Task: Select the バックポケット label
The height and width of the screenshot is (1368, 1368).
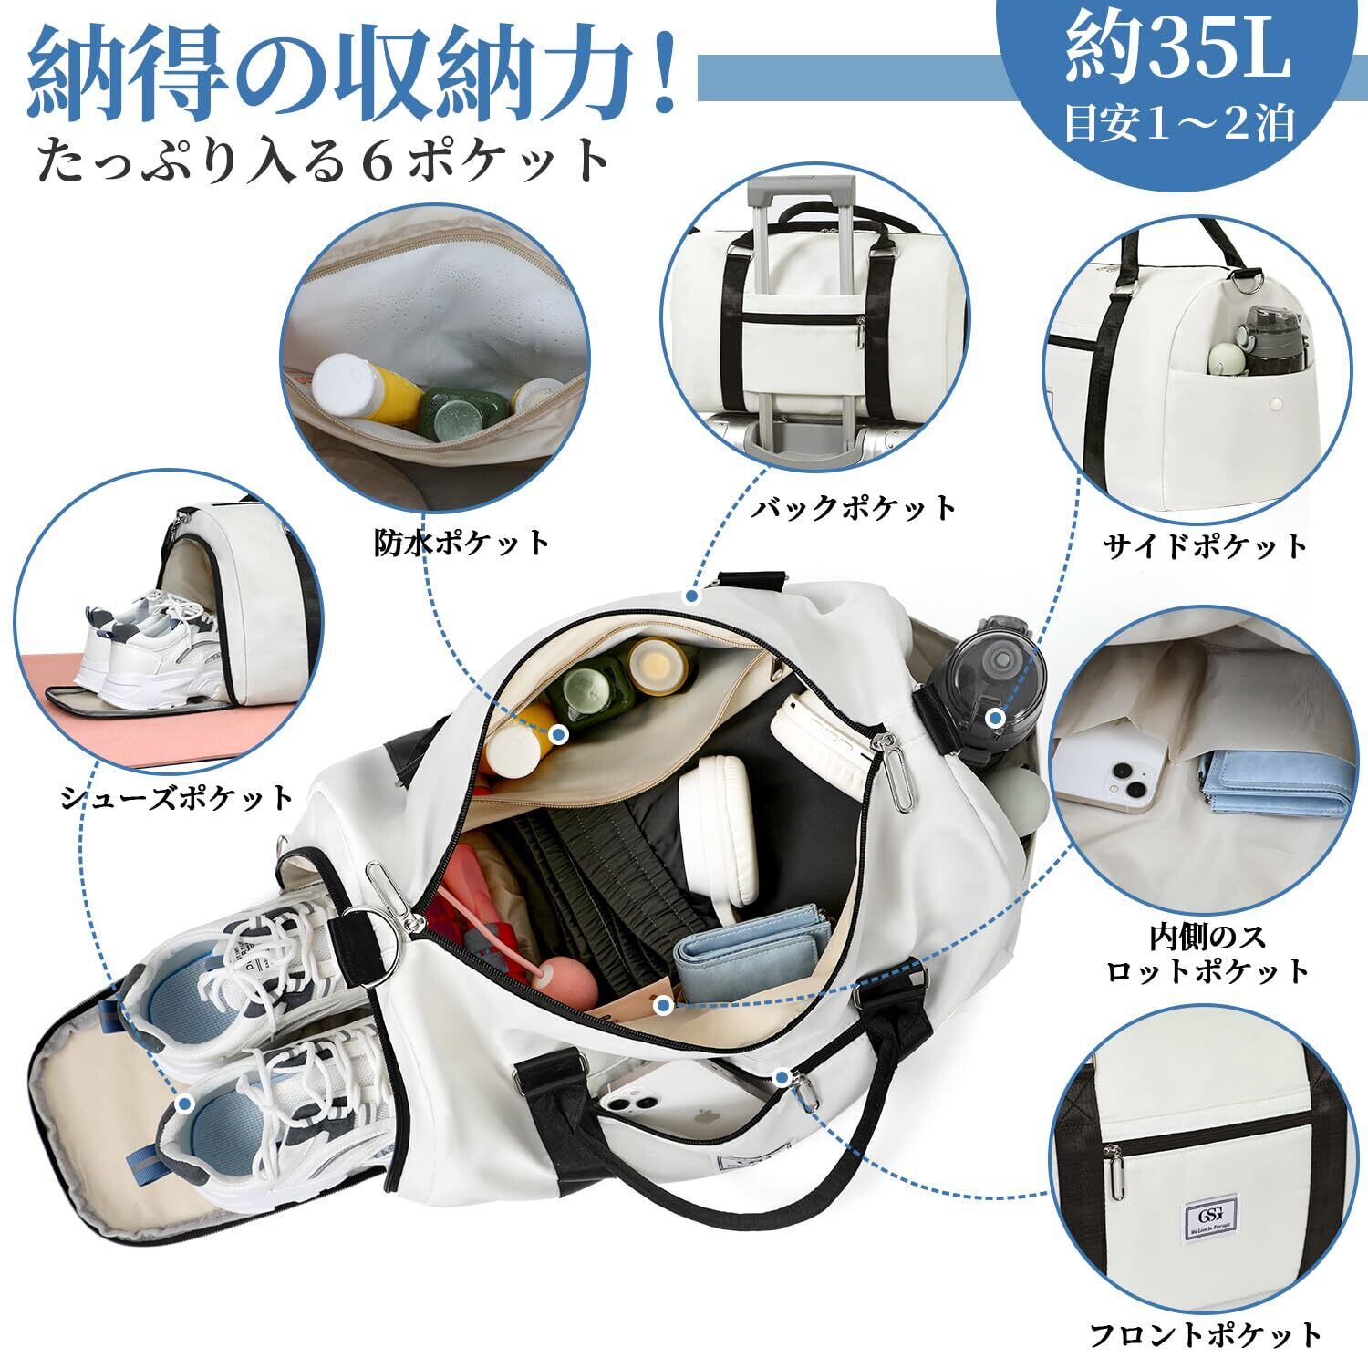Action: (853, 507)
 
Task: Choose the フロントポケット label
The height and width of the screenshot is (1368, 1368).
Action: (1205, 1333)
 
